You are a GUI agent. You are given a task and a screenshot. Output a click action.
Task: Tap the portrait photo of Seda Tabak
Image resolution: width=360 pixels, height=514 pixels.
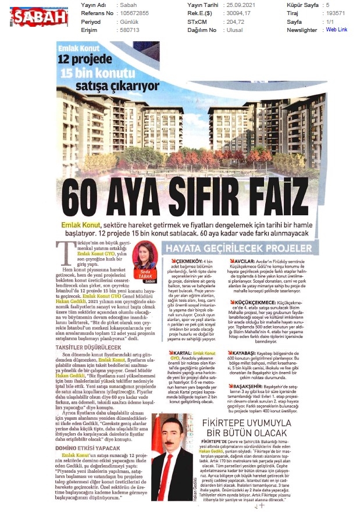[144, 255]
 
